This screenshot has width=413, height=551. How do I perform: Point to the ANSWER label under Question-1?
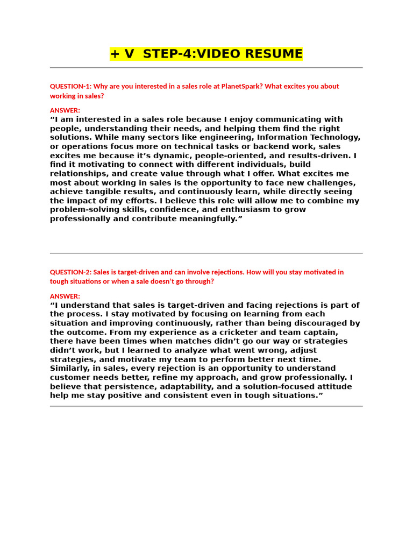tap(65, 110)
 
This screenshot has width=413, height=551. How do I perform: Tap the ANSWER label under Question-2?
tap(65, 296)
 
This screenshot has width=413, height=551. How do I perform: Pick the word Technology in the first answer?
tap(336, 137)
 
